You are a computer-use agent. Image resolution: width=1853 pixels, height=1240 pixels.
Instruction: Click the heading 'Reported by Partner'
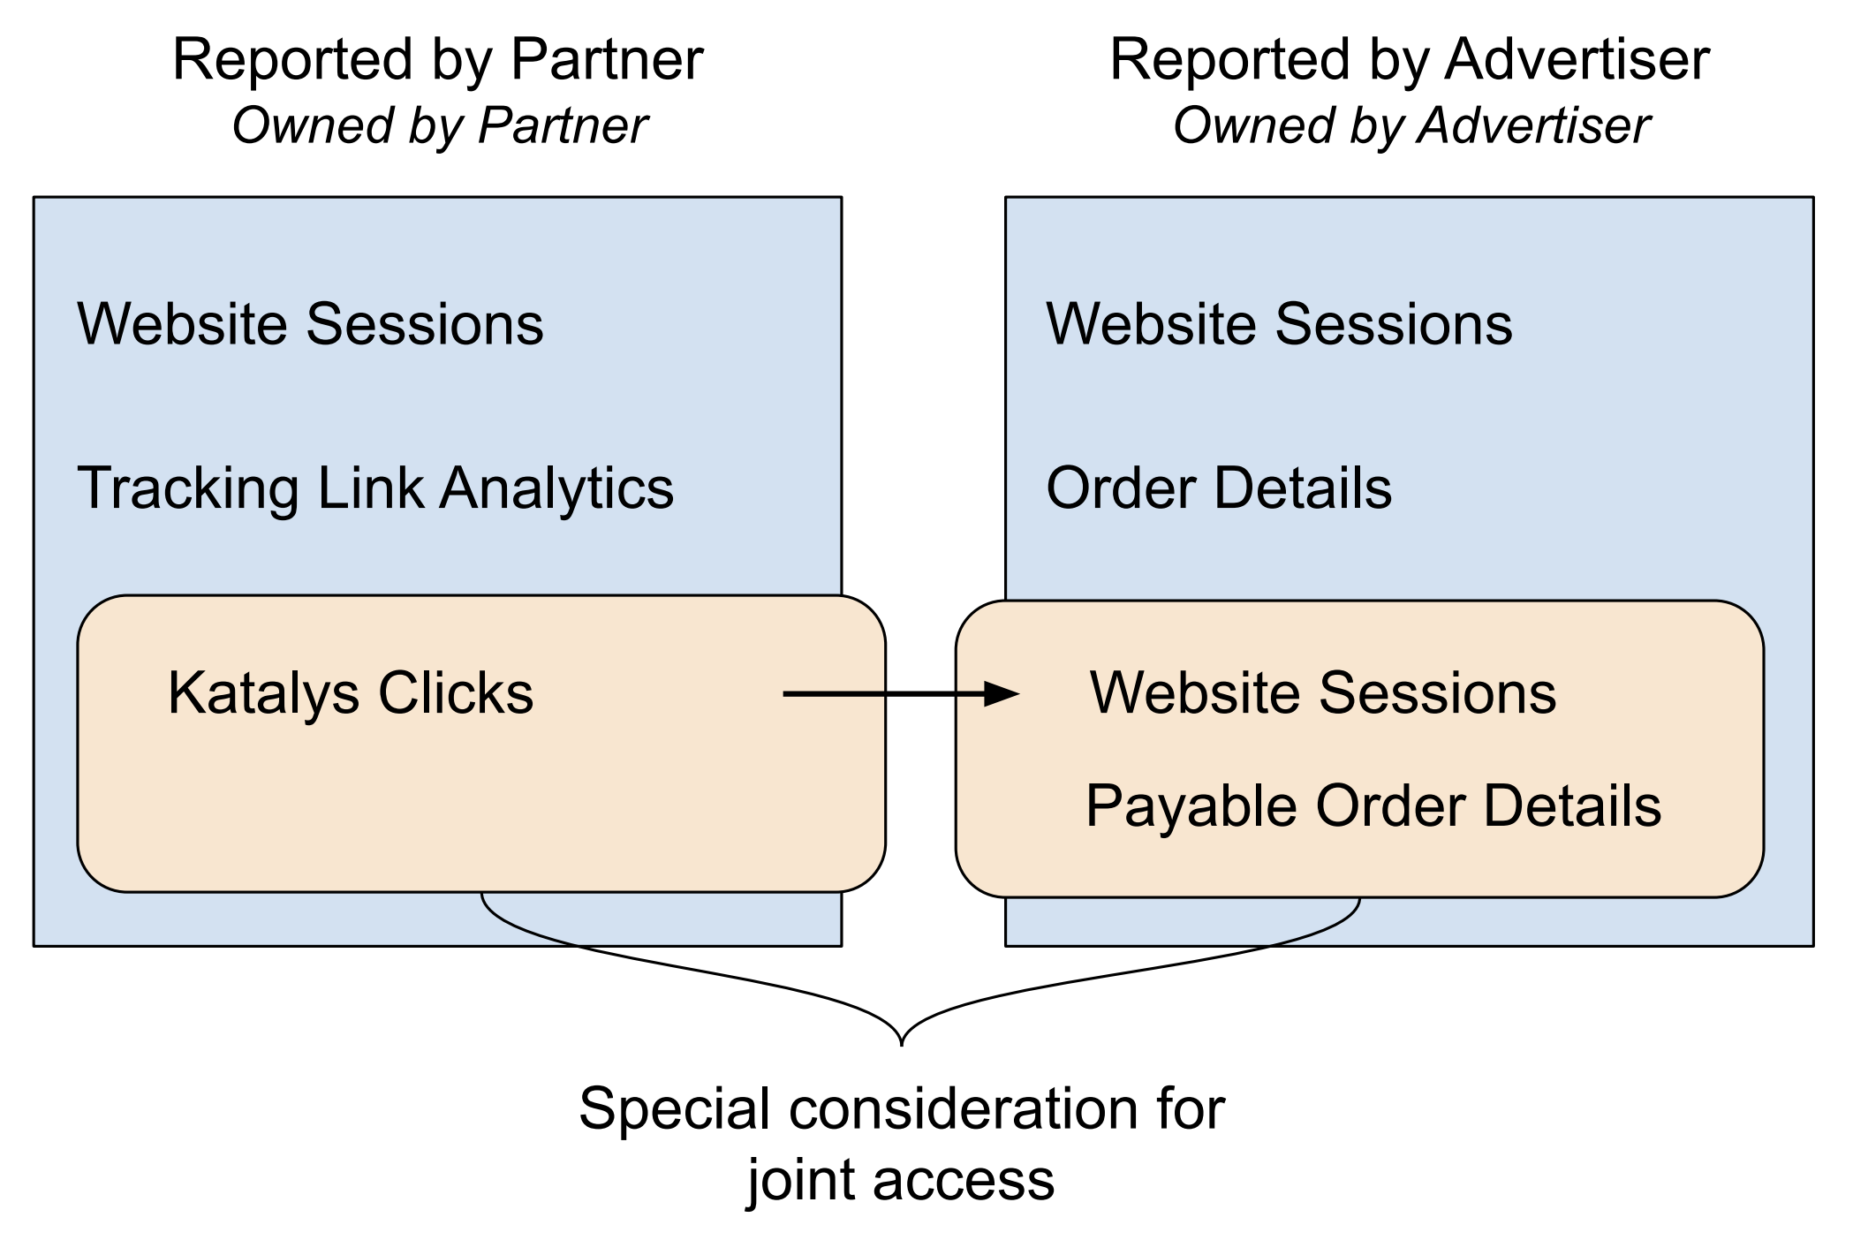click(x=438, y=60)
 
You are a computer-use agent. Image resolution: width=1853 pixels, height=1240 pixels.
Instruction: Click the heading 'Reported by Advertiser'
click(x=1410, y=60)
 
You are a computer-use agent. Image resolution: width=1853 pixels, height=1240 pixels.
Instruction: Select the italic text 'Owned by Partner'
click(x=440, y=125)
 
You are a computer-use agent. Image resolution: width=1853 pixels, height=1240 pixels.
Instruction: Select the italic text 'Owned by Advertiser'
click(x=1411, y=125)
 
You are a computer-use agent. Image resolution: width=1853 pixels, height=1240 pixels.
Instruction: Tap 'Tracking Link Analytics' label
click(x=375, y=488)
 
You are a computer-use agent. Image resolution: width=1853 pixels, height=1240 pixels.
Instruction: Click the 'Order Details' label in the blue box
click(x=1219, y=488)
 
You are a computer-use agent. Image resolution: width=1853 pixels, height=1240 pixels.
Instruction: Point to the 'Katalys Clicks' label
click(x=351, y=692)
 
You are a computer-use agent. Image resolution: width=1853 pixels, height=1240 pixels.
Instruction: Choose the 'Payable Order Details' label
click(x=1373, y=805)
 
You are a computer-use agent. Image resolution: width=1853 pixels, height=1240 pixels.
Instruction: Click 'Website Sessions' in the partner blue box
click(x=310, y=323)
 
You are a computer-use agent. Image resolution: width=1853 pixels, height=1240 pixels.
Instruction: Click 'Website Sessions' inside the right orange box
click(x=1323, y=692)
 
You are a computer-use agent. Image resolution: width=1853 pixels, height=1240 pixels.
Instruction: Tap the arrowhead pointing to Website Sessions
click(x=1003, y=694)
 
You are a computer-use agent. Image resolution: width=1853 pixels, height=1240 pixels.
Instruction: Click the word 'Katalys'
click(x=263, y=692)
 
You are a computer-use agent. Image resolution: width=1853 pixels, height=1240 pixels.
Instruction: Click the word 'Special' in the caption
click(x=674, y=1109)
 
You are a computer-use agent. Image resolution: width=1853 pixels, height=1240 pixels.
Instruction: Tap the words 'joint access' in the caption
click(x=901, y=1180)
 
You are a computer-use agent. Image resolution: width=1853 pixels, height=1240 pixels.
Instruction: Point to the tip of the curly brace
click(x=901, y=1044)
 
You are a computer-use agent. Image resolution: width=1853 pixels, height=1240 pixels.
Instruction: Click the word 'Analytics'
click(x=556, y=488)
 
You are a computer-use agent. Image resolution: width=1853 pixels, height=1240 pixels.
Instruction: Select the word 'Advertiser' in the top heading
click(x=1577, y=60)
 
